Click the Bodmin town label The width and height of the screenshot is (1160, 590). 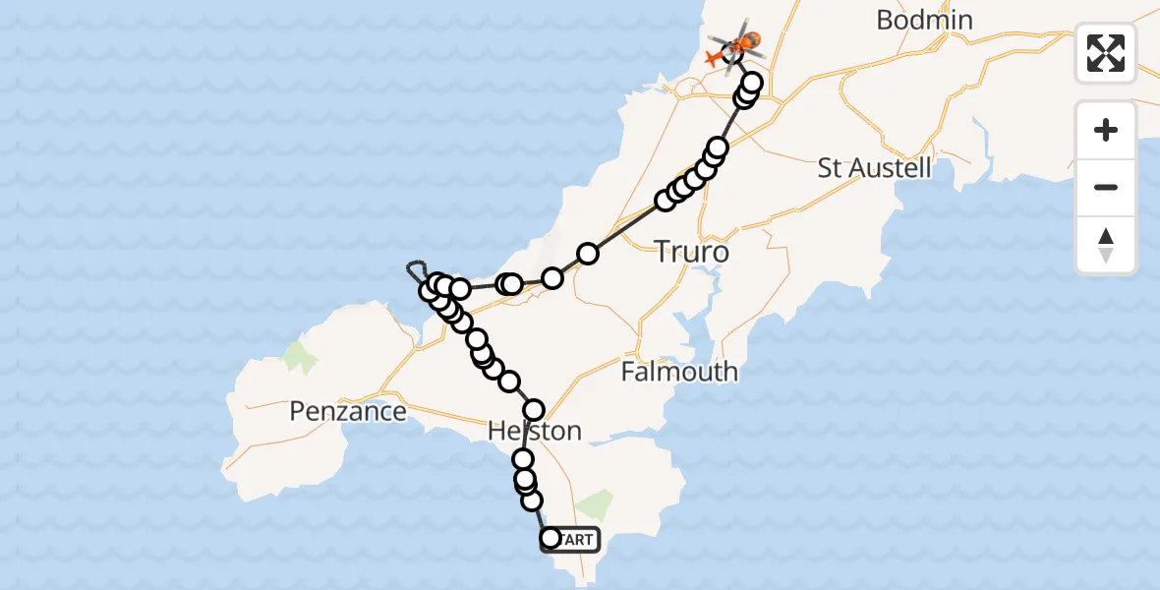pyautogui.click(x=924, y=20)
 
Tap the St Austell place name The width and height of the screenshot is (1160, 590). pyautogui.click(x=874, y=167)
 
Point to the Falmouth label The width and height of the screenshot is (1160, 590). pyautogui.click(x=679, y=372)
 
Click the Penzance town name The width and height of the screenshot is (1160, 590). pyautogui.click(x=348, y=411)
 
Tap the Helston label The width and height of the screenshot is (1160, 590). pyautogui.click(x=535, y=431)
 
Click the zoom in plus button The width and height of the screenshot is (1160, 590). pyautogui.click(x=1106, y=131)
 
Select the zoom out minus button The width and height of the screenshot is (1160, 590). pyautogui.click(x=1106, y=187)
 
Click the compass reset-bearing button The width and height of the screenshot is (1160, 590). pyautogui.click(x=1106, y=244)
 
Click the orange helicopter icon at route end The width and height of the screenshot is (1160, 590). pyautogui.click(x=745, y=42)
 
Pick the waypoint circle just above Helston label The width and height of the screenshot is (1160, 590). pyautogui.click(x=534, y=409)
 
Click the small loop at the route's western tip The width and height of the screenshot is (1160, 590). pyautogui.click(x=417, y=269)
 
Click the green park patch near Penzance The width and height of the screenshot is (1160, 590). pyautogui.click(x=301, y=357)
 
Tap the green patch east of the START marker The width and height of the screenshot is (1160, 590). pyautogui.click(x=593, y=506)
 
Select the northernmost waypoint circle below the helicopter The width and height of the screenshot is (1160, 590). pyautogui.click(x=753, y=82)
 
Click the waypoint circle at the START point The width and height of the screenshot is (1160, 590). pyautogui.click(x=551, y=538)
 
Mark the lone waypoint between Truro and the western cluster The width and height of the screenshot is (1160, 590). pyautogui.click(x=552, y=278)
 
